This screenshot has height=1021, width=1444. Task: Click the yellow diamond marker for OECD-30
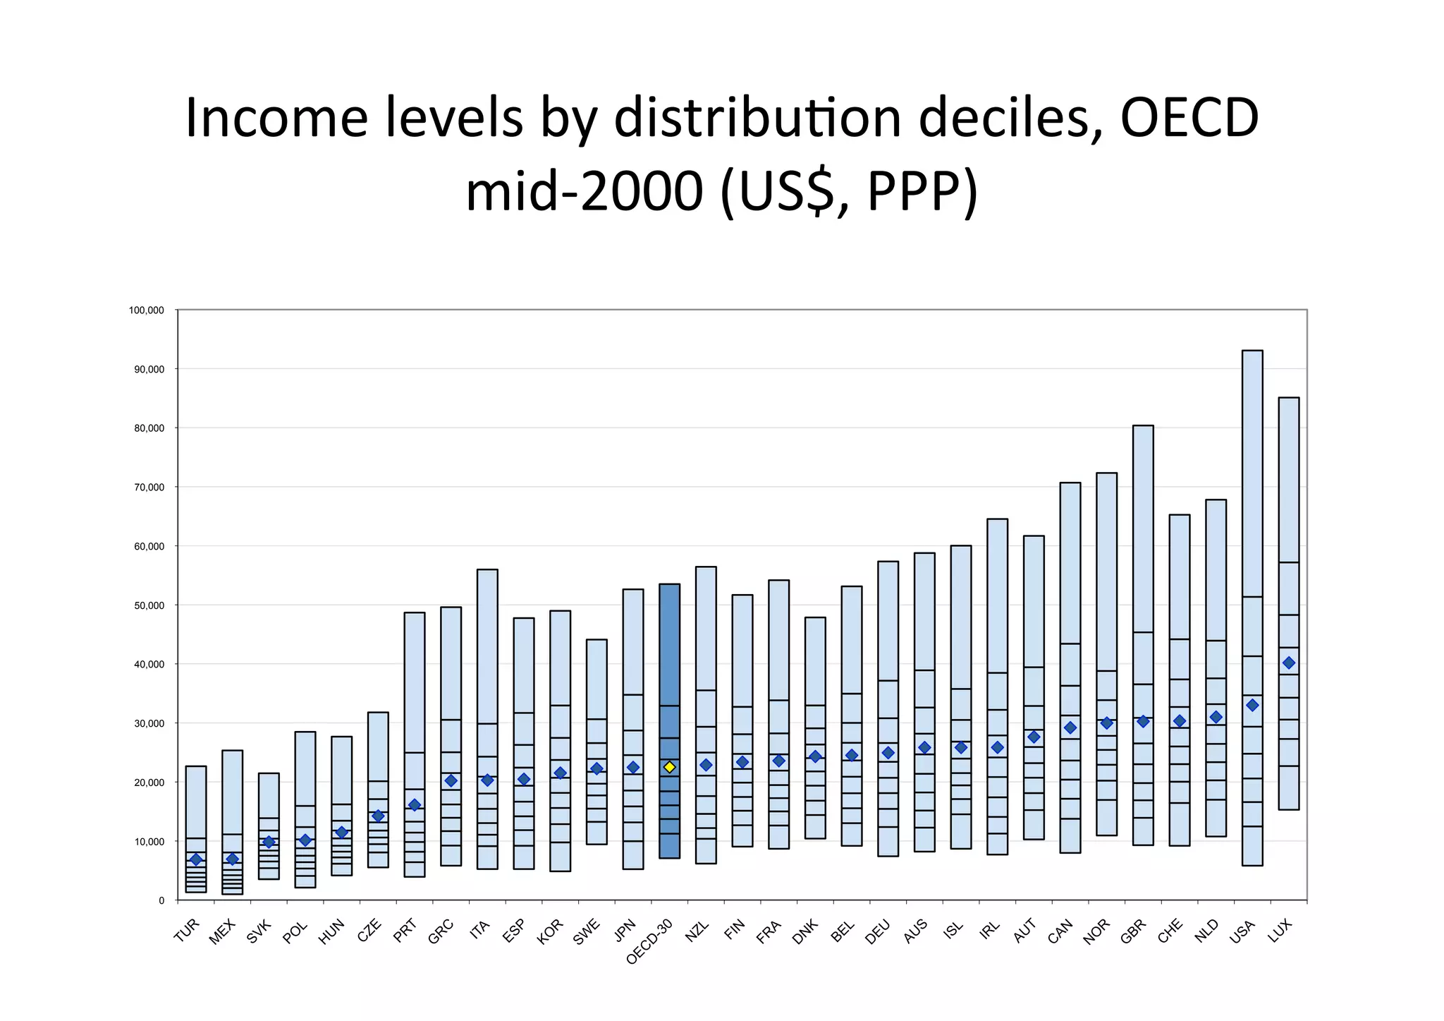(x=669, y=767)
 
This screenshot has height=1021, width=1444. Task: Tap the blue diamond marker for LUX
(x=1289, y=663)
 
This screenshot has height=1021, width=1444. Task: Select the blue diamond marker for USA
(x=1252, y=705)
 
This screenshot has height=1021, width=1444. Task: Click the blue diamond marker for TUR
(x=196, y=859)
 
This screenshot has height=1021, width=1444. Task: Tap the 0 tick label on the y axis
(x=161, y=901)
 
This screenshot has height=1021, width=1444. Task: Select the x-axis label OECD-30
(x=650, y=941)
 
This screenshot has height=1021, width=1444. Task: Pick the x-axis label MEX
(x=223, y=932)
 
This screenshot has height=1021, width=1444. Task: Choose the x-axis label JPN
(x=625, y=930)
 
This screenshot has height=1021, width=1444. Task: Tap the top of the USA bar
(x=1252, y=351)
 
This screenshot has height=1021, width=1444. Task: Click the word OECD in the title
(x=1189, y=118)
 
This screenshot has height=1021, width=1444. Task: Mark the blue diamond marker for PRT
(x=415, y=805)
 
